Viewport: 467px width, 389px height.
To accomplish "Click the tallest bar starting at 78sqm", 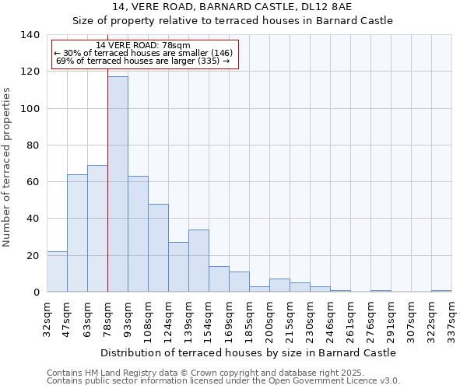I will (118, 184).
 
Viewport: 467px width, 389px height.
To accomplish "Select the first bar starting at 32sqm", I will (57, 272).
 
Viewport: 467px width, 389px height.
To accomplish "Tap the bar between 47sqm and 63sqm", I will (77, 233).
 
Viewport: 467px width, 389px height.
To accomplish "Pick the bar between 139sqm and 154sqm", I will (198, 261).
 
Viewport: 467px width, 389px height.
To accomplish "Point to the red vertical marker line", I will (107, 194).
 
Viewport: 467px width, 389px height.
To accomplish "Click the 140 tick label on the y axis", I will (30, 35).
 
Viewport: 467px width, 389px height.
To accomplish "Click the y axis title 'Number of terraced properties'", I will (8, 167).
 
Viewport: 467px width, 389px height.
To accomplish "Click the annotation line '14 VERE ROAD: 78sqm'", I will (144, 45).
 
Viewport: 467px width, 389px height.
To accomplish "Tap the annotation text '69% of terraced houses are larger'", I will (143, 61).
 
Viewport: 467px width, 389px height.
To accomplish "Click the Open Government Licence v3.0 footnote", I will (223, 380).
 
